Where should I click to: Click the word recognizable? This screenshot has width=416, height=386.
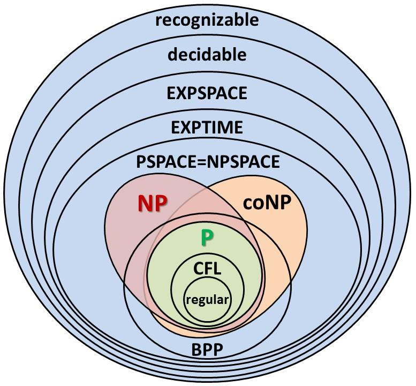(x=207, y=20)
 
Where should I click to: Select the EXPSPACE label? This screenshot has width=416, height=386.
(x=207, y=93)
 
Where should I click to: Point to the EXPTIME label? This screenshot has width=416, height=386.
(x=207, y=128)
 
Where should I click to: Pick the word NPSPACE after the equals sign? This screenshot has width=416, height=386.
(x=247, y=161)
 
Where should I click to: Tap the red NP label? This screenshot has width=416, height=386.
(x=153, y=204)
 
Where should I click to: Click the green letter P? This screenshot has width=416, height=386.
(x=206, y=237)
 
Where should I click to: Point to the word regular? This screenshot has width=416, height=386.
(x=207, y=299)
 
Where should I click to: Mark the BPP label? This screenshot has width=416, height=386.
(x=207, y=351)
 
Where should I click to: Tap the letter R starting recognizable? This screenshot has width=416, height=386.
(x=158, y=21)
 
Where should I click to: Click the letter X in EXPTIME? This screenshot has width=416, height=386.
(x=184, y=128)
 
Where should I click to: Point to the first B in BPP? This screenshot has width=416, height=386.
(x=196, y=351)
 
